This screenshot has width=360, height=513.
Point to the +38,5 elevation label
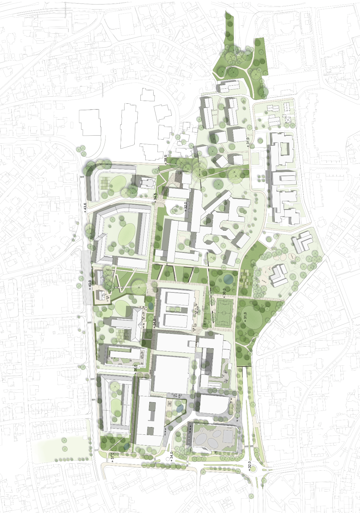(x=166, y=158)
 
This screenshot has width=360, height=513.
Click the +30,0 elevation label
(x=224, y=292)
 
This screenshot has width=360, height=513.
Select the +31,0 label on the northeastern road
(x=248, y=142)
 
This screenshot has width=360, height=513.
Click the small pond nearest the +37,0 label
(x=127, y=447)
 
